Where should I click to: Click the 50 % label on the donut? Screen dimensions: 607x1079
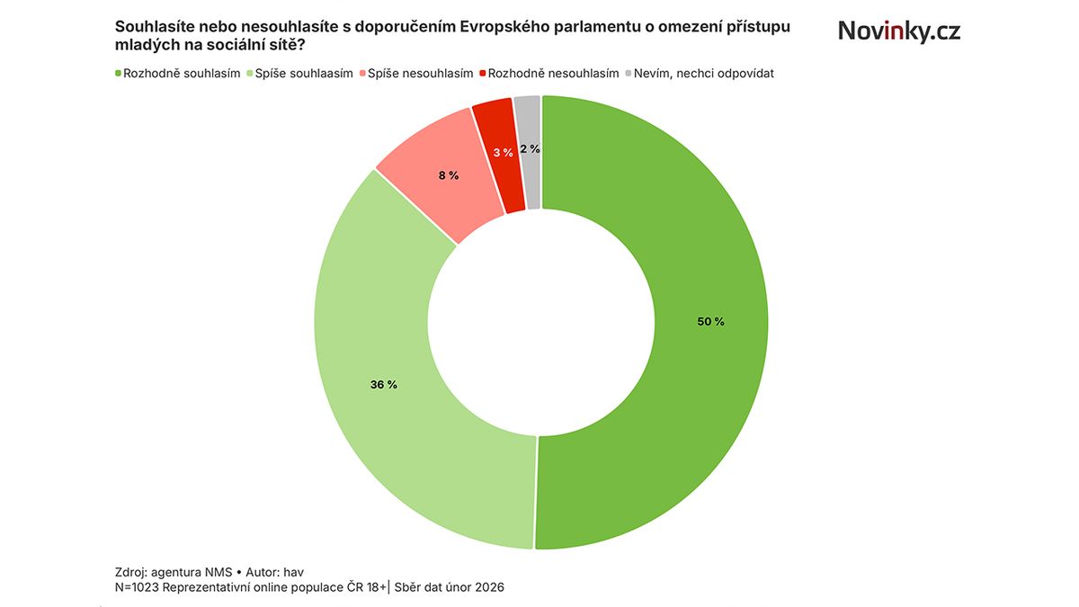point(710,322)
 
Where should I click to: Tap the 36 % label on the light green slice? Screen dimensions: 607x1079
point(383,384)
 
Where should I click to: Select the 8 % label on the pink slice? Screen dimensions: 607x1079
point(448,175)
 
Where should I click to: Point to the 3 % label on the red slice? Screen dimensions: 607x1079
point(503,153)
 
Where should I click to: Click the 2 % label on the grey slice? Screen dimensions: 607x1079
point(530,148)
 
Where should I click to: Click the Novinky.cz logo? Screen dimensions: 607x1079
point(899,31)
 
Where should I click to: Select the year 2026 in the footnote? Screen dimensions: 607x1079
point(488,587)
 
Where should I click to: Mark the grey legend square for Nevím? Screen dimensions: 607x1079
point(629,74)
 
